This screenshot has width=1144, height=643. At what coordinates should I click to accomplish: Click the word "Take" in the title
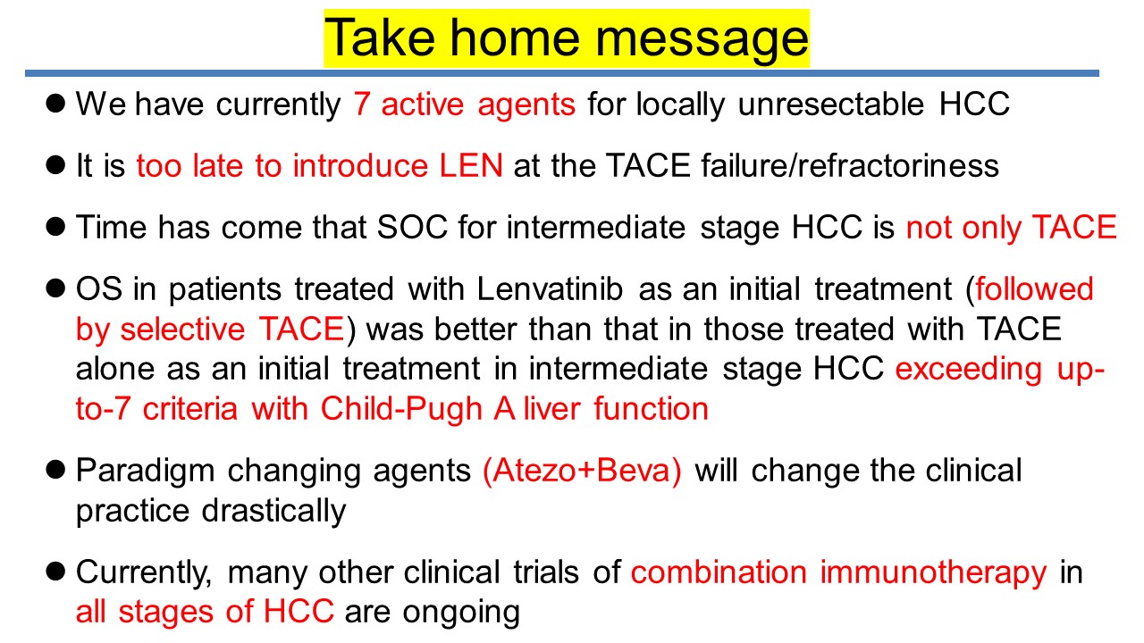click(380, 38)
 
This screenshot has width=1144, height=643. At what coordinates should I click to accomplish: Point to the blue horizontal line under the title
click(562, 73)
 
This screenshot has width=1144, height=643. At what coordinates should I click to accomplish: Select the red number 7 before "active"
click(362, 104)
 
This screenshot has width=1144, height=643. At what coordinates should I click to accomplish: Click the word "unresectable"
click(831, 104)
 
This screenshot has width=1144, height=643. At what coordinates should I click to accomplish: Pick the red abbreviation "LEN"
click(471, 165)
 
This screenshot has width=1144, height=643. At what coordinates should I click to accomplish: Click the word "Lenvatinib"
click(550, 288)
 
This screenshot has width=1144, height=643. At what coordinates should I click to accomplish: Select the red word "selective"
click(182, 329)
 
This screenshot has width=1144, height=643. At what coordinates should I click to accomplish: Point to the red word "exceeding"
click(968, 370)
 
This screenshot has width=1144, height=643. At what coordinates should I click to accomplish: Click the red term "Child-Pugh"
click(401, 410)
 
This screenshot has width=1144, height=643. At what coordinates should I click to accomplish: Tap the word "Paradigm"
click(145, 471)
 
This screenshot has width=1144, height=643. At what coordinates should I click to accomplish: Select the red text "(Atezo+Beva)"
click(582, 471)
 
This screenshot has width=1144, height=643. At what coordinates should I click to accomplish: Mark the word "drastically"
click(273, 512)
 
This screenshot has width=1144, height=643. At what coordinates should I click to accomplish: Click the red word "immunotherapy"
click(934, 572)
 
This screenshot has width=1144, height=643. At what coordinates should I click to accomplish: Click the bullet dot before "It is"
click(55, 165)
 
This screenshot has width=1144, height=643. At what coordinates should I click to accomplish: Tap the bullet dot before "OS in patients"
click(55, 288)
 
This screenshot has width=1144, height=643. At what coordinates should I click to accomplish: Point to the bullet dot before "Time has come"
click(55, 227)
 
